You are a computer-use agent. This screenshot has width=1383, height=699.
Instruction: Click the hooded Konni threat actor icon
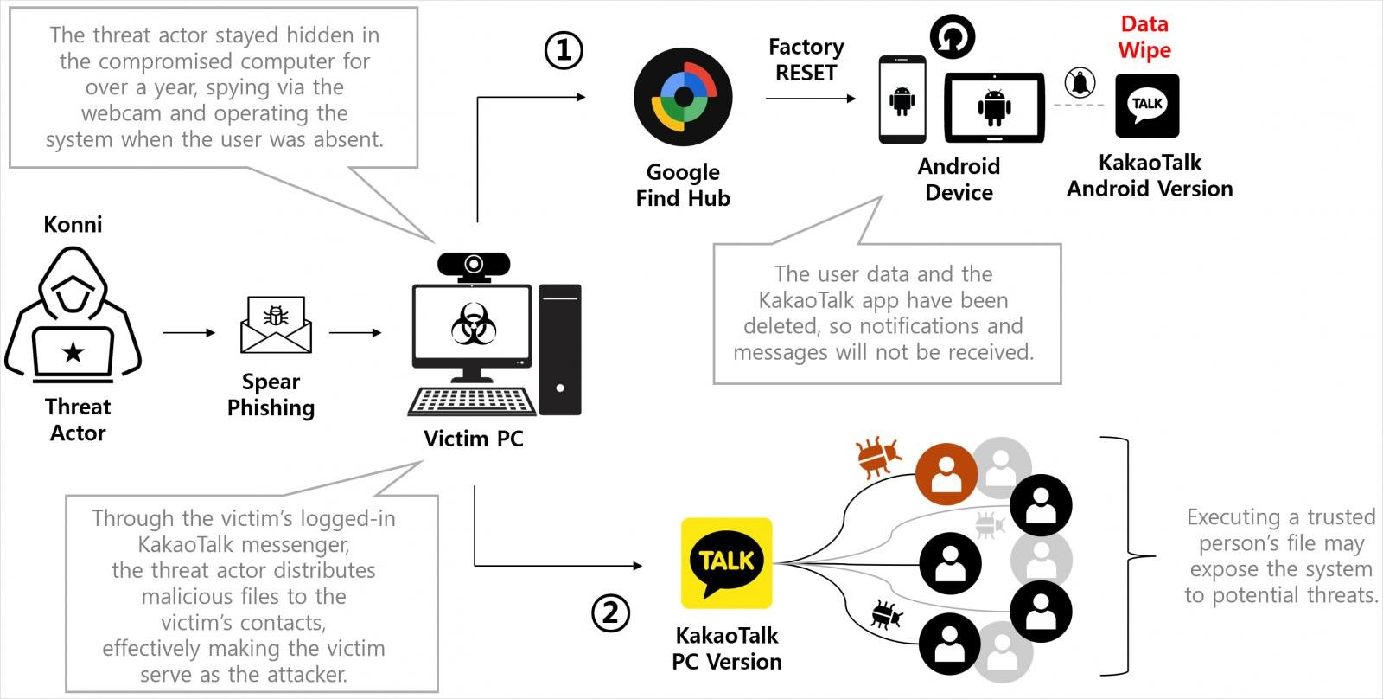[73, 316]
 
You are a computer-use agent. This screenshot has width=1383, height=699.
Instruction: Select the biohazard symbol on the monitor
[473, 324]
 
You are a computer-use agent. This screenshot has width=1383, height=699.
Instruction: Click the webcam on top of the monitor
[473, 265]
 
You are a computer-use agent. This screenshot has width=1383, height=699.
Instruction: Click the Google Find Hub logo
[683, 97]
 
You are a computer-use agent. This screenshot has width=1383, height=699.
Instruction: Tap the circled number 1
[564, 50]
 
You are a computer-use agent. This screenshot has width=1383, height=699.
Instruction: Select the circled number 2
[610, 613]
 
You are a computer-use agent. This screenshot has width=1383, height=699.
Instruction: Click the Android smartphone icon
[902, 99]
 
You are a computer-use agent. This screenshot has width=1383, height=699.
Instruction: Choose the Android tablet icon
[994, 107]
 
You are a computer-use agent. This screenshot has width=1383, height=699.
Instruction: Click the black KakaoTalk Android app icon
[1147, 106]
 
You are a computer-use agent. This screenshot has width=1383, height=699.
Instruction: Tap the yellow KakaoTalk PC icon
[726, 563]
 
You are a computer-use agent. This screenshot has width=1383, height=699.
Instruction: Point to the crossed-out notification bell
[1080, 83]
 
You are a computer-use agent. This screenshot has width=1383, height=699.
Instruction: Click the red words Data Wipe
[1144, 37]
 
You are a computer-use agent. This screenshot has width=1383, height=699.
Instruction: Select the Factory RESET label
[806, 60]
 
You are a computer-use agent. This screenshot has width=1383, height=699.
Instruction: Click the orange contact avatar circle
[946, 474]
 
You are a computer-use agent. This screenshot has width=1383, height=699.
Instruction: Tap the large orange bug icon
[877, 457]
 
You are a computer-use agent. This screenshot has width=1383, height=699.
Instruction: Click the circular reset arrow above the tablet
[952, 37]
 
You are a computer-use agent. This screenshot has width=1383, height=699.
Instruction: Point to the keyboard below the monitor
[472, 401]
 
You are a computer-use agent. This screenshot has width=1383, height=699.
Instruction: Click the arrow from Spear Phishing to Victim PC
[355, 332]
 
